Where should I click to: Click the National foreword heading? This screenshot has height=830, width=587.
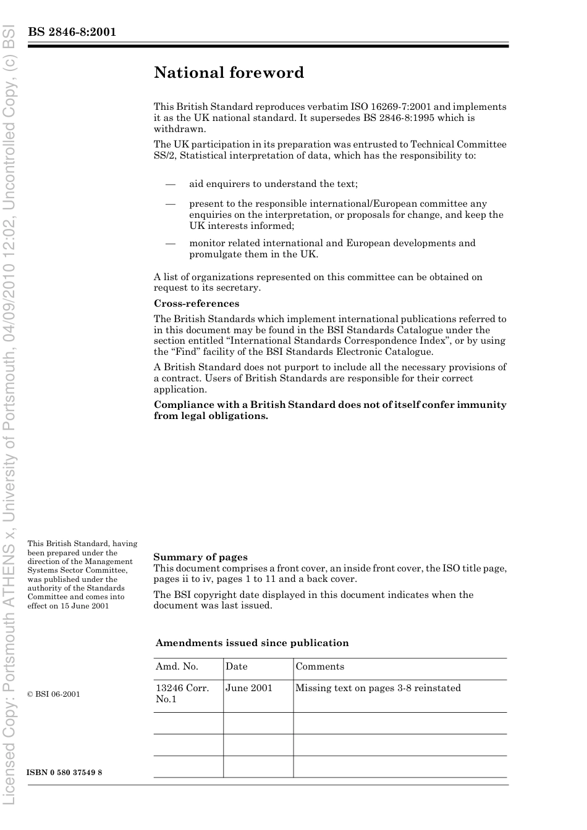pos(229,73)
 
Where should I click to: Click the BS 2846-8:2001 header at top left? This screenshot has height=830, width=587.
pos(72,32)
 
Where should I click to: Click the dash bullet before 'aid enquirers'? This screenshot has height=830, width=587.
pos(170,184)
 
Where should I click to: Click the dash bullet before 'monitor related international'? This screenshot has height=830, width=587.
pos(170,243)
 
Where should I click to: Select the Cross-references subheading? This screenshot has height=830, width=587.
pos(196,304)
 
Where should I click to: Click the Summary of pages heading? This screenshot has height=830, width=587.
pos(200,557)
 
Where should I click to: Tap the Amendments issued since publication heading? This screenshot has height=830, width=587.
pos(252,643)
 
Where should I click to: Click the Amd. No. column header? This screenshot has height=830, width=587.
pos(177,666)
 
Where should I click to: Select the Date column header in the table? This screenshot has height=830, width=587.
pos(236,666)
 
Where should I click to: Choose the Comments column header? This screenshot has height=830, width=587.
pos(319,666)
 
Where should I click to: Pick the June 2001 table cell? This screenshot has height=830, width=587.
pos(248,688)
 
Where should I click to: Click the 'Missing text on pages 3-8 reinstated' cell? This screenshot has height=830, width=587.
pos(378,688)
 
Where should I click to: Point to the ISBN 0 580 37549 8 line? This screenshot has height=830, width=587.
pos(64,773)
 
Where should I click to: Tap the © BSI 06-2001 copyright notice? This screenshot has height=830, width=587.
pos(54,694)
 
